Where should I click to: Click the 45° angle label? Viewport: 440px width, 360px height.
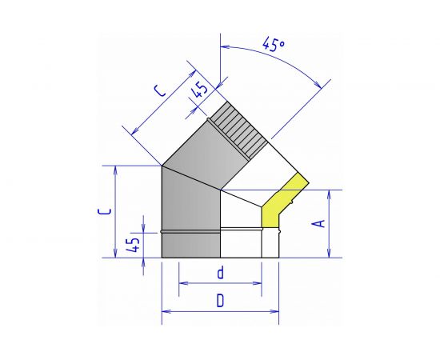pyautogui.click(x=274, y=45)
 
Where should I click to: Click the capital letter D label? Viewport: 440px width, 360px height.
pyautogui.click(x=221, y=301)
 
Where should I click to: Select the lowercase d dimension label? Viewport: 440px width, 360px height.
pyautogui.click(x=221, y=273)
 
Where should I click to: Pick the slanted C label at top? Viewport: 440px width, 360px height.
pyautogui.click(x=160, y=90)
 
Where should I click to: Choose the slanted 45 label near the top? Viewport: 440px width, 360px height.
pyautogui.click(x=199, y=90)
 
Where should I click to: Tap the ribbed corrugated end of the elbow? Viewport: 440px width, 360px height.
pyautogui.click(x=238, y=130)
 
